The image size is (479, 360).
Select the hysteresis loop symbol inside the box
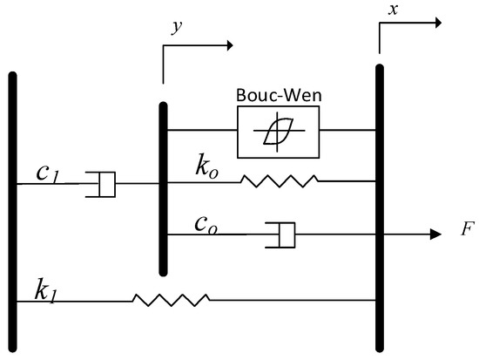279,132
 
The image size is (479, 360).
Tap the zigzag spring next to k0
280,181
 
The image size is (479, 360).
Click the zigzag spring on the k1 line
171,300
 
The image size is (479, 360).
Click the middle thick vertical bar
163,187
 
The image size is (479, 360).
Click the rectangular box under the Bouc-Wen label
279,132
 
